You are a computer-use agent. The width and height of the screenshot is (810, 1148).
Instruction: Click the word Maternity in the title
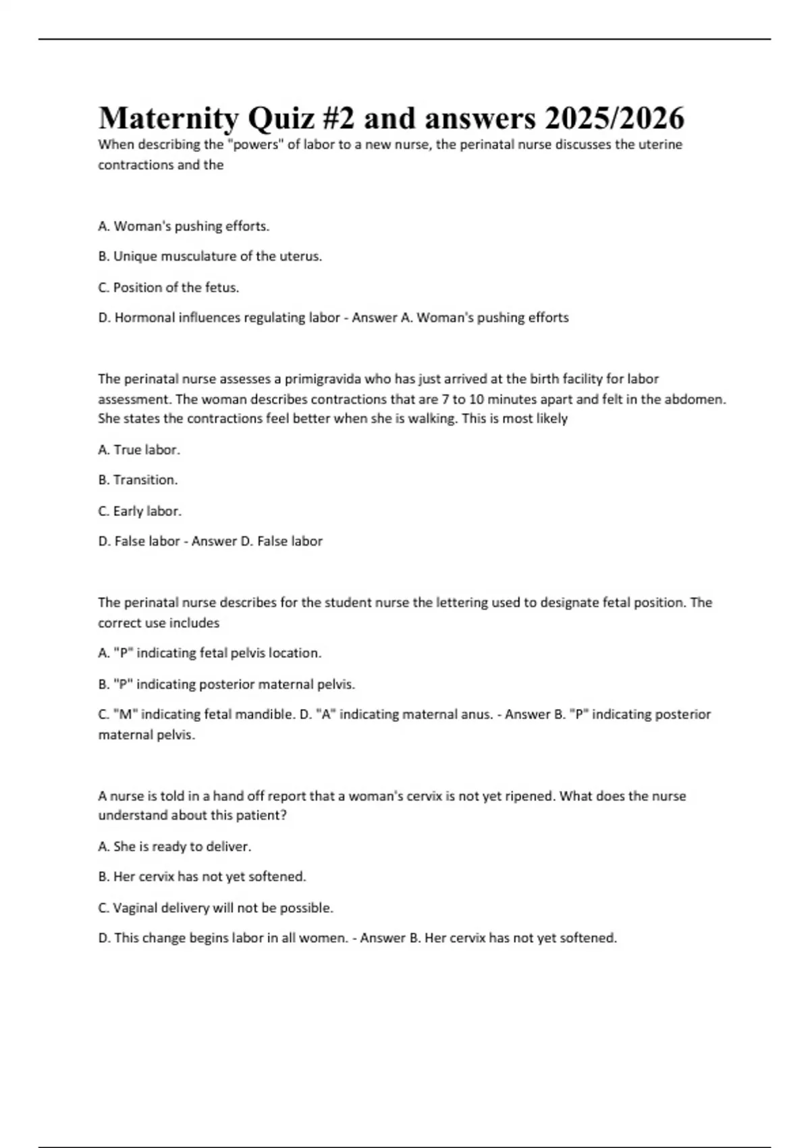[168, 119]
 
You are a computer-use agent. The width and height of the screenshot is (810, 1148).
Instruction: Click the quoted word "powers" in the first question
[256, 145]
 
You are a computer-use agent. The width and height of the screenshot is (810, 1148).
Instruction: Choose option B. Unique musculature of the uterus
[210, 257]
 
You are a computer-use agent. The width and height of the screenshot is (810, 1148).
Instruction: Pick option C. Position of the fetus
[169, 288]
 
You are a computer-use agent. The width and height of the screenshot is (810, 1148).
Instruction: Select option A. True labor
[139, 450]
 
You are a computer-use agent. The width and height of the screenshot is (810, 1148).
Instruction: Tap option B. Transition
[138, 480]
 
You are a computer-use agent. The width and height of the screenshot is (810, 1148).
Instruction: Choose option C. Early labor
[140, 511]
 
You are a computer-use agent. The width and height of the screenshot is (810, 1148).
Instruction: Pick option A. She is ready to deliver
[174, 847]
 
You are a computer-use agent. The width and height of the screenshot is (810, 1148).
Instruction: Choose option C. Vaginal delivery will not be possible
[215, 908]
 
